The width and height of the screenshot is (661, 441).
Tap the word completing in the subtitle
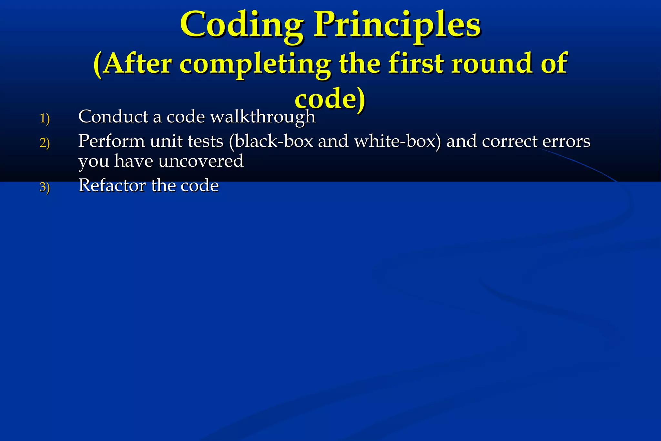point(255,64)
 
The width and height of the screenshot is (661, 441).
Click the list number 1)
point(45,118)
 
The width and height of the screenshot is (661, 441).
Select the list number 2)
point(45,142)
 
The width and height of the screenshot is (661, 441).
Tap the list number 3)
point(45,187)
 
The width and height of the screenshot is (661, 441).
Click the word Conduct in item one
point(113,116)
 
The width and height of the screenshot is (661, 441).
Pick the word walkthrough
point(263,117)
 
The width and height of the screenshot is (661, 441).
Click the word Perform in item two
point(111,141)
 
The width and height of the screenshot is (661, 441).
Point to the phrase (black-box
point(271,141)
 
